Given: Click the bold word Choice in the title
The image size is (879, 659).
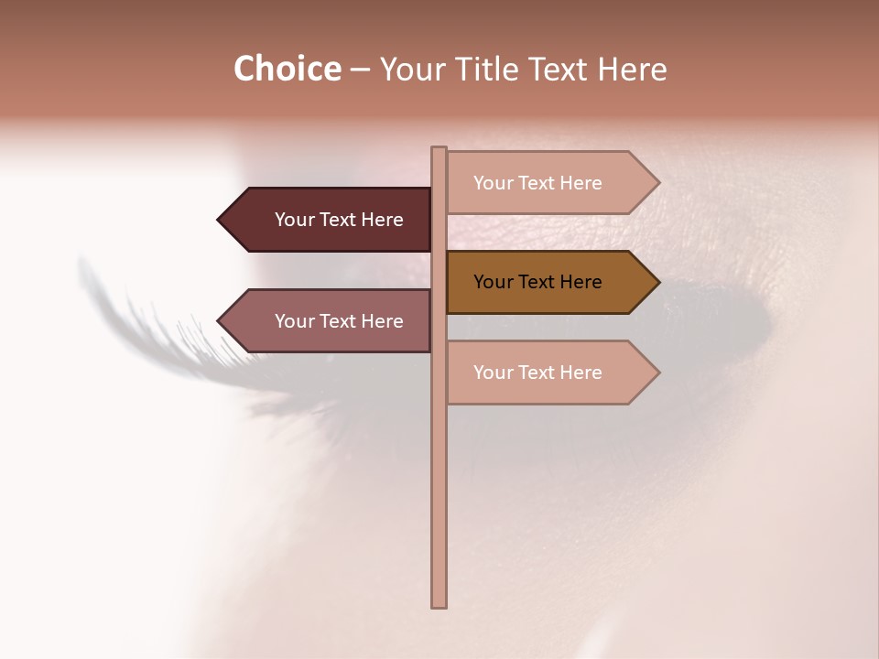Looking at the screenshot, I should click(x=287, y=70).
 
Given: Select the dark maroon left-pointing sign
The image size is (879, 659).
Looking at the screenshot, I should click(x=330, y=220).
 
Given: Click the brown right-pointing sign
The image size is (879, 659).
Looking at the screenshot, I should click(x=549, y=282).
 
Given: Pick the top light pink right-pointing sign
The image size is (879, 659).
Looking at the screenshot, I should click(x=549, y=183).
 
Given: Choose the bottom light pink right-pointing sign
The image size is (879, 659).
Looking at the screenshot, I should click(x=549, y=373).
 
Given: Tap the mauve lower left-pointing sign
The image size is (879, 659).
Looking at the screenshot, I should click(x=330, y=321).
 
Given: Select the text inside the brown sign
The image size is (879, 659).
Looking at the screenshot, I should click(x=537, y=282).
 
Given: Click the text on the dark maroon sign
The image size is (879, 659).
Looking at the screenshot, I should click(x=339, y=220).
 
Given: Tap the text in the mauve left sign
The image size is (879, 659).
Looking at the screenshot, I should click(x=339, y=321).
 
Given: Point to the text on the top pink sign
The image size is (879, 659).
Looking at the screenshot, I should click(x=537, y=183).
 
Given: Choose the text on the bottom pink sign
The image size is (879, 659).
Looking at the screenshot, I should click(x=537, y=373).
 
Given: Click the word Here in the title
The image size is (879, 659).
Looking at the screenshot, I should click(x=632, y=70).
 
